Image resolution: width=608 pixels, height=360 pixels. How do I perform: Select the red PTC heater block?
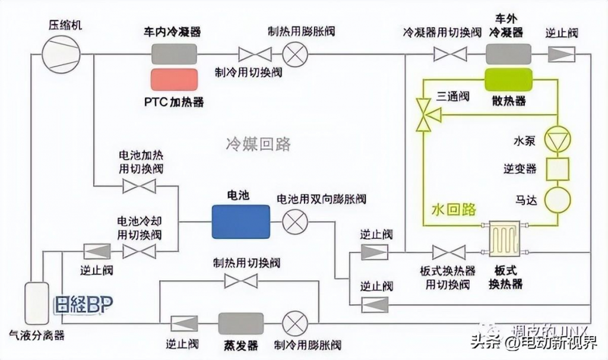[x=174, y=80]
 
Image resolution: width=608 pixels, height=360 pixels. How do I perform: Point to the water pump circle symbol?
[x=558, y=138]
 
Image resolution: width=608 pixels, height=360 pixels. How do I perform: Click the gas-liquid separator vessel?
[x=36, y=303]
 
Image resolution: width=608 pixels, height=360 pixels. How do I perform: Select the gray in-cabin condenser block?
[x=174, y=55]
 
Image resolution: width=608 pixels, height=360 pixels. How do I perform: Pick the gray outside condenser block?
[x=508, y=55]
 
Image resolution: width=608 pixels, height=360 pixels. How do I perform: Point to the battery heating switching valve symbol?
[x=139, y=187]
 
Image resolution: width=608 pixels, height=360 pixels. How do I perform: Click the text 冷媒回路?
[x=258, y=144]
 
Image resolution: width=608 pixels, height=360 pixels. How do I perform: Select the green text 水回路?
[x=454, y=209]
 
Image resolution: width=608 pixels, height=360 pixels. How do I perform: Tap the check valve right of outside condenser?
[x=560, y=55]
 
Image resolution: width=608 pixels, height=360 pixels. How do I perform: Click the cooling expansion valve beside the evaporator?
[x=293, y=324]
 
